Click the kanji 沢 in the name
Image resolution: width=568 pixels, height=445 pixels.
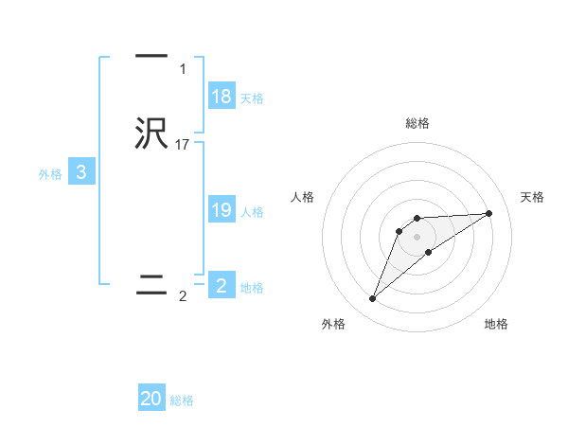151,134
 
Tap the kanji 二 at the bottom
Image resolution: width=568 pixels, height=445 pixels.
151,285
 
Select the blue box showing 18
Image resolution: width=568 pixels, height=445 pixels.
222,97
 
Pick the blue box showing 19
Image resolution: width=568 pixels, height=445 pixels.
222,210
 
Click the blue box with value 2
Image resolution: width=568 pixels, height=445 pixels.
222,285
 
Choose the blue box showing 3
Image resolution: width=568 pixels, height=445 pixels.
81,172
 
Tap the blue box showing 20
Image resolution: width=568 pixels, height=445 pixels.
151,399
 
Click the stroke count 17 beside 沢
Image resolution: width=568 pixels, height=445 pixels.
183,145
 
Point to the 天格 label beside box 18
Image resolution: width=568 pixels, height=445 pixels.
252,98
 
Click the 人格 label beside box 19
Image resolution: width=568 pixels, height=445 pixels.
252,212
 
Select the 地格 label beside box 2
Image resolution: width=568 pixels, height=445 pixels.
252,287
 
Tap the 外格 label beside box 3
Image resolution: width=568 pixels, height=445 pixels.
50,174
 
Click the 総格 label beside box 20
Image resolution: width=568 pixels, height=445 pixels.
182,400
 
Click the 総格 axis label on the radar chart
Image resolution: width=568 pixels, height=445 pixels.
417,123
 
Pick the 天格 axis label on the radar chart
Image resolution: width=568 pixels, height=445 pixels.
533,197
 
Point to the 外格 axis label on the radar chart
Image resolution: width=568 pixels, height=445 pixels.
333,324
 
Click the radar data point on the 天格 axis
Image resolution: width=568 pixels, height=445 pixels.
489,213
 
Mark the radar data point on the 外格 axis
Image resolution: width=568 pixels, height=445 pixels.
372,298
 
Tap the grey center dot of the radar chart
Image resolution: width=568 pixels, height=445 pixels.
417,236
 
